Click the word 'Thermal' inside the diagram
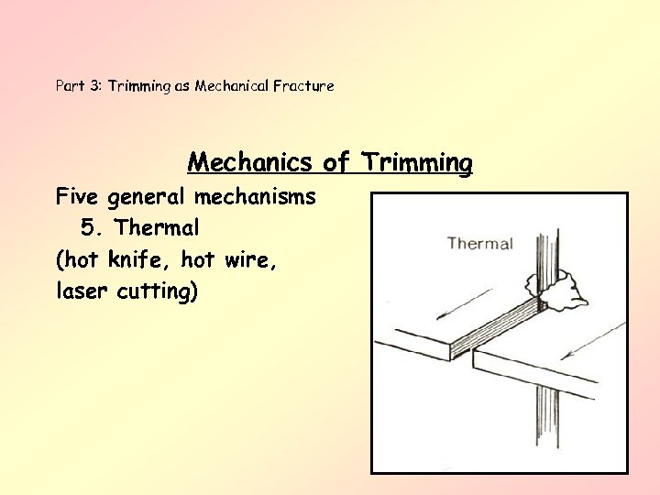pos(479,243)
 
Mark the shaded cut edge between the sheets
pos(500,332)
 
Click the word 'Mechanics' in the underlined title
pos(250,163)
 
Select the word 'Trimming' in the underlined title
pos(417,163)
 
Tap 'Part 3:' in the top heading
pos(79,86)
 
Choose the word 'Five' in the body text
pos(78,196)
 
